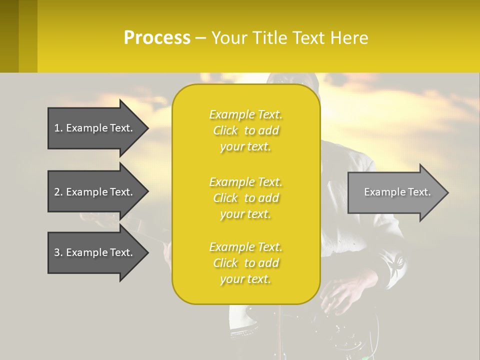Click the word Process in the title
157,38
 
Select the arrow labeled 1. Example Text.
95,128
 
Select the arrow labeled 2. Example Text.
95,192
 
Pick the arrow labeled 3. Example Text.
95,252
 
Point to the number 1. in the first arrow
58,128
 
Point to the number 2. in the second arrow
58,192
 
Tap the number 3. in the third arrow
58,252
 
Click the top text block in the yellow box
245,130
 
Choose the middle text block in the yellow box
245,198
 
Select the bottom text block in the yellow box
245,263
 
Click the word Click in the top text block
225,130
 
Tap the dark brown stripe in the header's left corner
9,36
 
